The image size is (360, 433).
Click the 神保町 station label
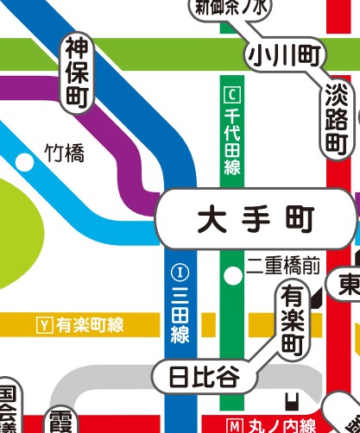click(x=78, y=74)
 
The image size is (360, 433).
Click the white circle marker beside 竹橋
click(x=25, y=161)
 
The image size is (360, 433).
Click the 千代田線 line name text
click(x=231, y=141)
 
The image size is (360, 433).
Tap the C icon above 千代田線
click(x=231, y=93)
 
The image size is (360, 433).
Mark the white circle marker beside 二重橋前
click(x=231, y=276)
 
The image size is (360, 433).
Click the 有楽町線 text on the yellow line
click(x=91, y=325)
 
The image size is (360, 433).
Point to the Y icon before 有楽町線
click(x=45, y=325)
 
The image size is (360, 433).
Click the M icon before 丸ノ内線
click(x=233, y=426)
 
